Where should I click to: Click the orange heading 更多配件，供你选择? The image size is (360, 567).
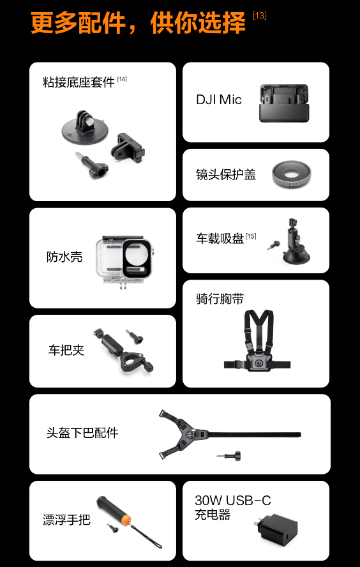pos(139,22)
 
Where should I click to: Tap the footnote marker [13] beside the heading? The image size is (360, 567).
pos(260,16)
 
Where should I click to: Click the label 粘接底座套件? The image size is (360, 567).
pos(79,82)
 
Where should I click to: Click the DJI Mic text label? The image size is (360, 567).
pos(219,100)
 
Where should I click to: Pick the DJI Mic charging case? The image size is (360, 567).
pos(284,103)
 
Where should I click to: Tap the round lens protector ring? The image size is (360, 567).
pos(291,174)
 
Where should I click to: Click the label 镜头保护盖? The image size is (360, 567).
pos(226,174)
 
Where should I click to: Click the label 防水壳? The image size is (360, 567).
pos(64,257)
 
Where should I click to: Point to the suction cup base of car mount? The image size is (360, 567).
pos(296,257)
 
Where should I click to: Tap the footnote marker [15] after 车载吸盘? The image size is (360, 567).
pos(251,236)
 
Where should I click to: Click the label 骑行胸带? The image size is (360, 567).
pos(220,299)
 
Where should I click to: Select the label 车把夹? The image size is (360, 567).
pos(66,350)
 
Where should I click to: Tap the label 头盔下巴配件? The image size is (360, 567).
pos(82,433)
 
